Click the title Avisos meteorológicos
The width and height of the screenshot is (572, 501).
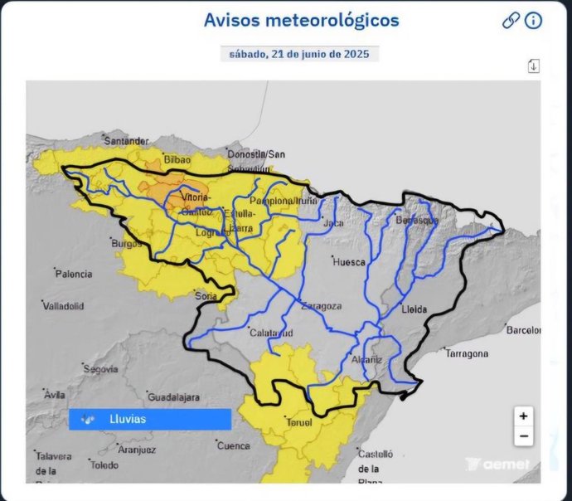point(302,20)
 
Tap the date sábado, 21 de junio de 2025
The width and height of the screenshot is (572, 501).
point(299,54)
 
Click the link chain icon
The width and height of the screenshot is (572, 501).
point(511,21)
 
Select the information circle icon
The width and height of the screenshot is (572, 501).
point(533,21)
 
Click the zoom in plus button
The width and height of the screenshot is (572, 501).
point(523,416)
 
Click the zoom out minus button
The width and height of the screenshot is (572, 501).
point(523,435)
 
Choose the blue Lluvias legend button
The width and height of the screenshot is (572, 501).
point(149,420)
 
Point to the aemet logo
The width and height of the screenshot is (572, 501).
point(497,465)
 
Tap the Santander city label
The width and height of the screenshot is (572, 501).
point(125,141)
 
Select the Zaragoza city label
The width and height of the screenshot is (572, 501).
point(322,305)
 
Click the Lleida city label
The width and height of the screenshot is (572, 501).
point(414,309)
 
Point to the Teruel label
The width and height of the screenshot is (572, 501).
point(298,422)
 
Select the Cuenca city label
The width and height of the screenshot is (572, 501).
point(234,445)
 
